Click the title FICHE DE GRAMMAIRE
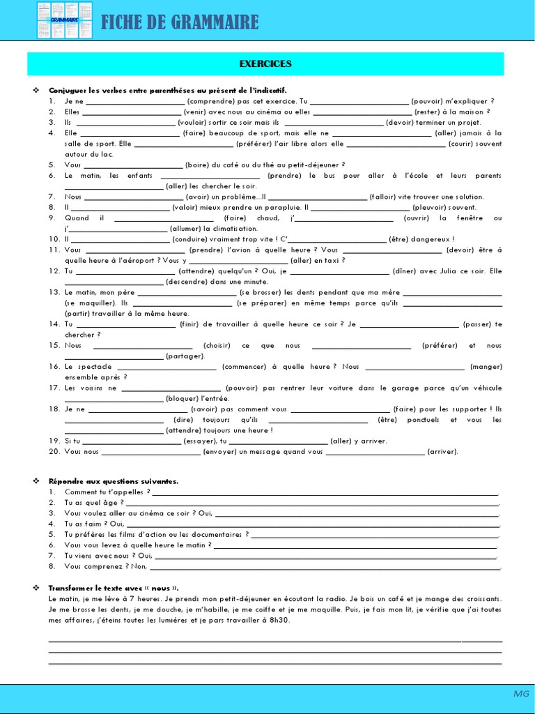[x=180, y=22]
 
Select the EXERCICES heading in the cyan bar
[x=265, y=64]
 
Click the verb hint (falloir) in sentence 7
[x=386, y=197]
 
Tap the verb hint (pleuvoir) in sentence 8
[x=433, y=207]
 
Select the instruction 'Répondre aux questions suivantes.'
[x=113, y=481]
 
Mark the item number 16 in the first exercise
[x=54, y=367]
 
